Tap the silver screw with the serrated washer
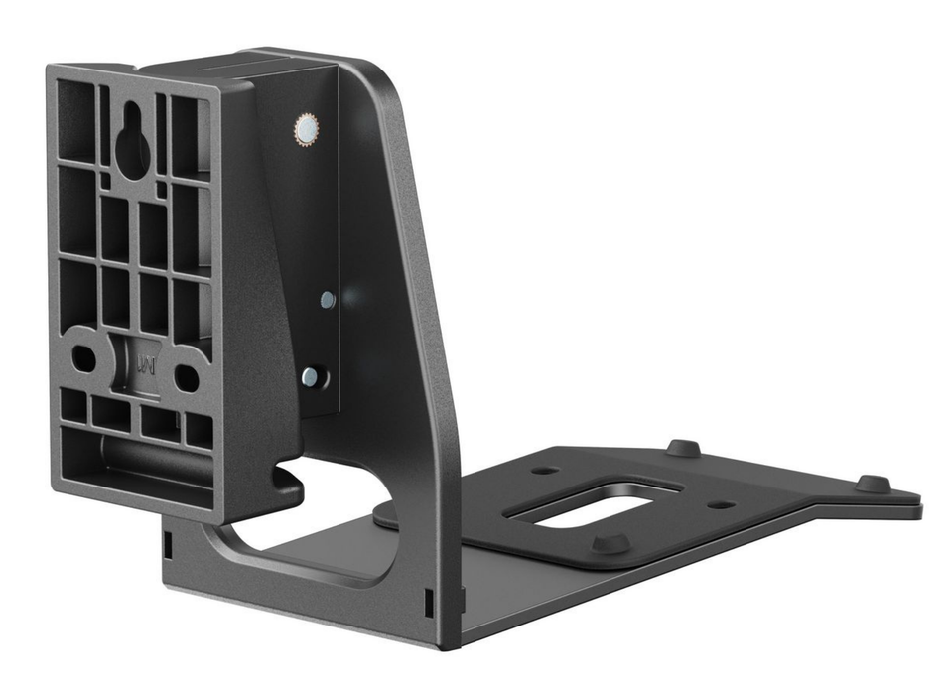click(x=306, y=129)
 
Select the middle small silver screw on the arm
click(x=327, y=298)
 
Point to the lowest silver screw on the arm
click(x=310, y=375)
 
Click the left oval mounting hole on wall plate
click(x=84, y=358)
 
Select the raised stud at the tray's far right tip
click(x=873, y=484)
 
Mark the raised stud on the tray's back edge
click(x=682, y=447)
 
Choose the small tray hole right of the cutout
click(x=722, y=504)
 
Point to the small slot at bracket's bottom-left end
click(x=168, y=543)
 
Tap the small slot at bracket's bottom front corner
click(x=428, y=601)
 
